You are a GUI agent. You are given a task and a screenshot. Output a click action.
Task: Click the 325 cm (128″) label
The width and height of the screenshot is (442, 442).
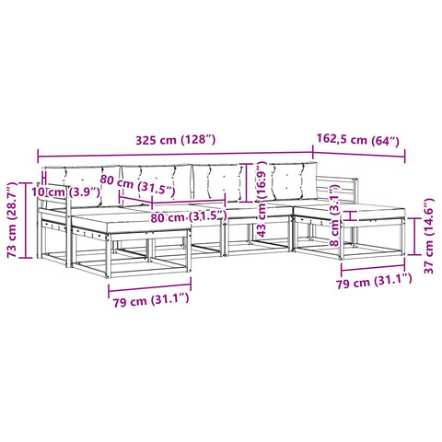tap(176, 140)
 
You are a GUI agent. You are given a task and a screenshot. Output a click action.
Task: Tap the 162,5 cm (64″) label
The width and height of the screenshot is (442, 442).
tap(358, 140)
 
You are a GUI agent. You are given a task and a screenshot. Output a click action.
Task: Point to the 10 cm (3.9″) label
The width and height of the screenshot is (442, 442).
tap(66, 192)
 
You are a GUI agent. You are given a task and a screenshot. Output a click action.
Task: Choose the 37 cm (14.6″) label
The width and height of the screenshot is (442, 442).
tap(428, 236)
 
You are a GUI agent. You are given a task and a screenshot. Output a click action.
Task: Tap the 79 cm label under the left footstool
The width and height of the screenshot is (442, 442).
tap(151, 300)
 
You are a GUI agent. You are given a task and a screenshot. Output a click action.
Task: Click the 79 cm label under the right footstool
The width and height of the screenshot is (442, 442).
tap(374, 281)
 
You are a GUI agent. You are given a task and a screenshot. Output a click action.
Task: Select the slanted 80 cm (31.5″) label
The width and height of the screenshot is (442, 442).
tap(137, 186)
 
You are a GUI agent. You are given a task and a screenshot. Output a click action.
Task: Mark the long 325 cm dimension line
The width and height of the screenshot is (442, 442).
tap(175, 154)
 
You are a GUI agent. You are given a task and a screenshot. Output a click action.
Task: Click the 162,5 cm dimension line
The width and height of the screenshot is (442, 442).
tap(359, 155)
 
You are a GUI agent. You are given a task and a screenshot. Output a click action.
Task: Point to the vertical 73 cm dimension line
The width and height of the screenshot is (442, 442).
tap(26, 220)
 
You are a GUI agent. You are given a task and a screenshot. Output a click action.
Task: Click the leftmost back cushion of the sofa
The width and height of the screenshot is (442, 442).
tap(82, 186)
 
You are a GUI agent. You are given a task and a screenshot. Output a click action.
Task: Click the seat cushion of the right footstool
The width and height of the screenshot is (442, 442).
tap(350, 212)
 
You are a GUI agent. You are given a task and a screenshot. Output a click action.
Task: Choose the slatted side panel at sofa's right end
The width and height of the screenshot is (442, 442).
tap(337, 191)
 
